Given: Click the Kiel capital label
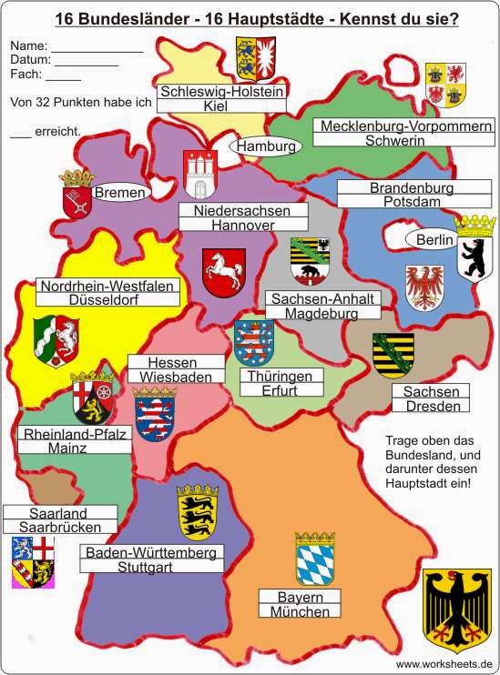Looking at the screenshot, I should (222, 106).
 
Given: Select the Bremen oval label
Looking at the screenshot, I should (119, 193).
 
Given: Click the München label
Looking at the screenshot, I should (300, 612).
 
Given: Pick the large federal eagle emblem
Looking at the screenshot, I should (457, 606).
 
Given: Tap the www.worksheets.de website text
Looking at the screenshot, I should (444, 665).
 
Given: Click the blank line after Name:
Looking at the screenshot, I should (96, 45).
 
